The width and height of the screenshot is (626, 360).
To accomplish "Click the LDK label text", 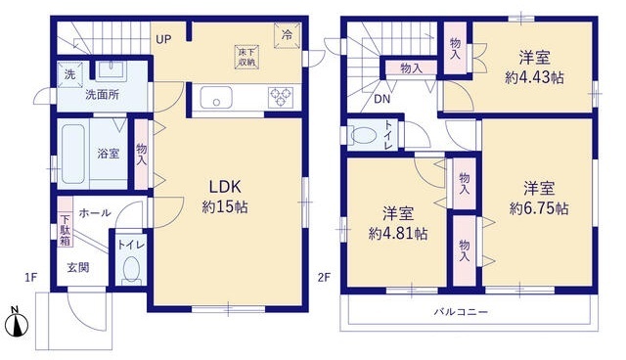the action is coord(226,187).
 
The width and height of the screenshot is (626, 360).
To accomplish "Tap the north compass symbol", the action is coord(17,321).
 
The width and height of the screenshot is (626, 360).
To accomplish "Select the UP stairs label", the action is coord(163,39).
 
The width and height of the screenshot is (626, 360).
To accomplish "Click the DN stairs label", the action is coord(382,99).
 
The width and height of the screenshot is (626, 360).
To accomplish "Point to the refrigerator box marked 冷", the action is coord(287,35).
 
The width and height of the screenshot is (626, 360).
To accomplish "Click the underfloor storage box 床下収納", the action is coord(247,57).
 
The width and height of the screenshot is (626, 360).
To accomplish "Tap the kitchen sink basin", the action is coord(216,98).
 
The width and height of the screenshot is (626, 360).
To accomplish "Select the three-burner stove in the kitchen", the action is coord(281,98).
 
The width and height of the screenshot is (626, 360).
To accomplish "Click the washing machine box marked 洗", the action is coord(69,74).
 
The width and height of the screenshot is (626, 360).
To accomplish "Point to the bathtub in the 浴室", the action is coord(73,154).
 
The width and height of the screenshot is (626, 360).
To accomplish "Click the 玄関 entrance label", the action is coord(78,267).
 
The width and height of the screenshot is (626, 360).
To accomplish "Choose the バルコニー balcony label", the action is coord(461,311).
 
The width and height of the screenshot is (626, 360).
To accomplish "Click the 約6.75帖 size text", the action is coord(539,208).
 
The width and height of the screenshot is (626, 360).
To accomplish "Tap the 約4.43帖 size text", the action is coord(534,77).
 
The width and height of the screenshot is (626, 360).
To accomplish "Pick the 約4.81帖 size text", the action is coord(398,233).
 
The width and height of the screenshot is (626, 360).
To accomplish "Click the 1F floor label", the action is coord(31,277).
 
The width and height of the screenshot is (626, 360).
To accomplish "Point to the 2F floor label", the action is coord(324,277).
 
